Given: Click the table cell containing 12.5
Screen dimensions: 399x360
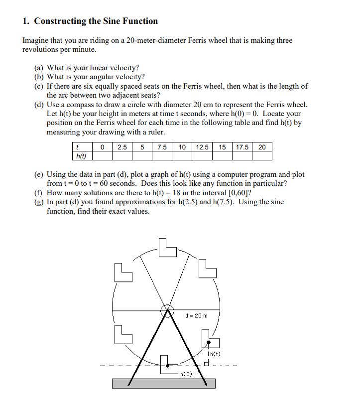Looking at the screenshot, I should pyautogui.click(x=202, y=147).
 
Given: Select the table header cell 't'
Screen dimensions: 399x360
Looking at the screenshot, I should pyautogui.click(x=78, y=147).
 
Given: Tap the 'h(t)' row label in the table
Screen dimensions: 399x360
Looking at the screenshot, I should pyautogui.click(x=80, y=156).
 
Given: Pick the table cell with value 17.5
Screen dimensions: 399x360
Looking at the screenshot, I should pyautogui.click(x=242, y=147).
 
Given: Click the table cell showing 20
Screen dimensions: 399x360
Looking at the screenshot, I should pyautogui.click(x=262, y=147).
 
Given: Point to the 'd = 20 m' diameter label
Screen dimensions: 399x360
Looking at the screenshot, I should pyautogui.click(x=196, y=315).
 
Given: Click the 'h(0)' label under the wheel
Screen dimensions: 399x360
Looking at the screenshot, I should pyautogui.click(x=186, y=374).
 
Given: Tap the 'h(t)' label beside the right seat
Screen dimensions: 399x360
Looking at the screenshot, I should pyautogui.click(x=214, y=354).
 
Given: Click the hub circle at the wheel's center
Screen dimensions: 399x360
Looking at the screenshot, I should pyautogui.click(x=166, y=309).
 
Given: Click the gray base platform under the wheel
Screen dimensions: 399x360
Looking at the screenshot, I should pyautogui.click(x=164, y=383).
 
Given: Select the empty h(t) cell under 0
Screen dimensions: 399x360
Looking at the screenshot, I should pyautogui.click(x=102, y=156).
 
